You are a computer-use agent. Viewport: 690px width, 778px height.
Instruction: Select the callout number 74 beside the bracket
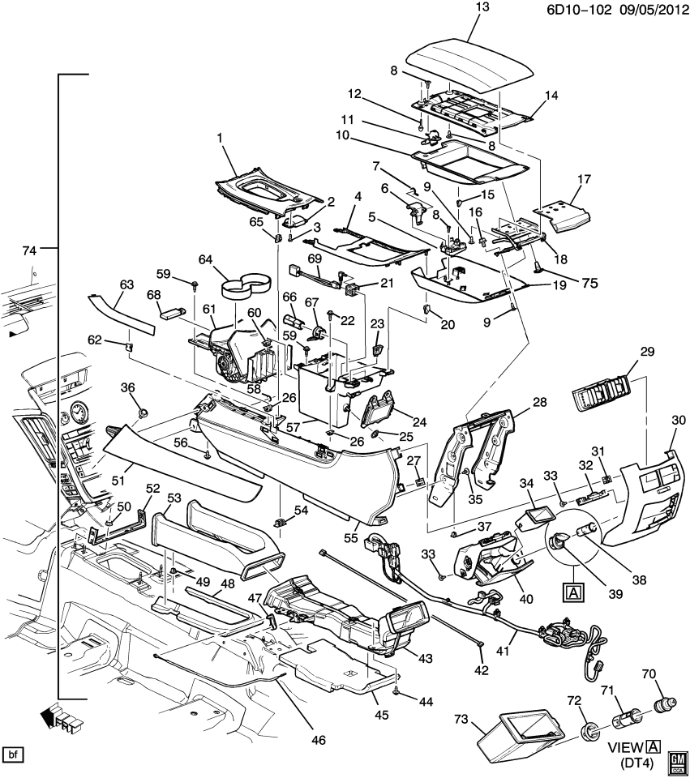coord(29,251)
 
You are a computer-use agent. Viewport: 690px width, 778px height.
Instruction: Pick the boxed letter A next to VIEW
coord(654,746)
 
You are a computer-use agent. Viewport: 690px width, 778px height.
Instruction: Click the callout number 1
coord(220,139)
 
